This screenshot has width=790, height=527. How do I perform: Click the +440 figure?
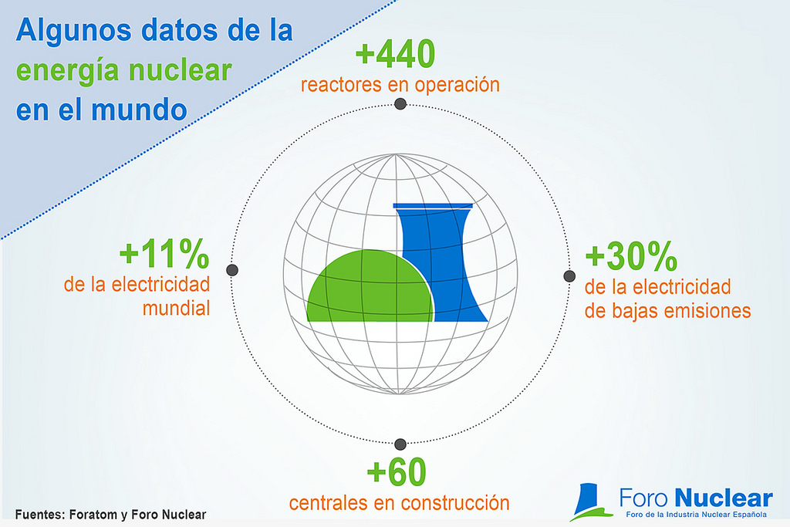pos(396,53)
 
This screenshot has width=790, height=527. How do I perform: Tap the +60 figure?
pos(397,471)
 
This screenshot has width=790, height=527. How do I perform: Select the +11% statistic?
pos(164,253)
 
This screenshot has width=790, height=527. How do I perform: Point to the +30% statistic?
pos(631,256)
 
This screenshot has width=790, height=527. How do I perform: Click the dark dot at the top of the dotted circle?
pos(400,104)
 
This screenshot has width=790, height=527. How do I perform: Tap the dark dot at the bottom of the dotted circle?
pos(400,444)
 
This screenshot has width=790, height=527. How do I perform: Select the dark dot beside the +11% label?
pos(232,270)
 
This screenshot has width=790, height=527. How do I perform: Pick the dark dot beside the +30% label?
pos(569,276)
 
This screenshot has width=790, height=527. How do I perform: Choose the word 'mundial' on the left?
pos(177,308)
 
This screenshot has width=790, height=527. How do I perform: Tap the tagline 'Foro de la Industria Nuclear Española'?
pos(697,515)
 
